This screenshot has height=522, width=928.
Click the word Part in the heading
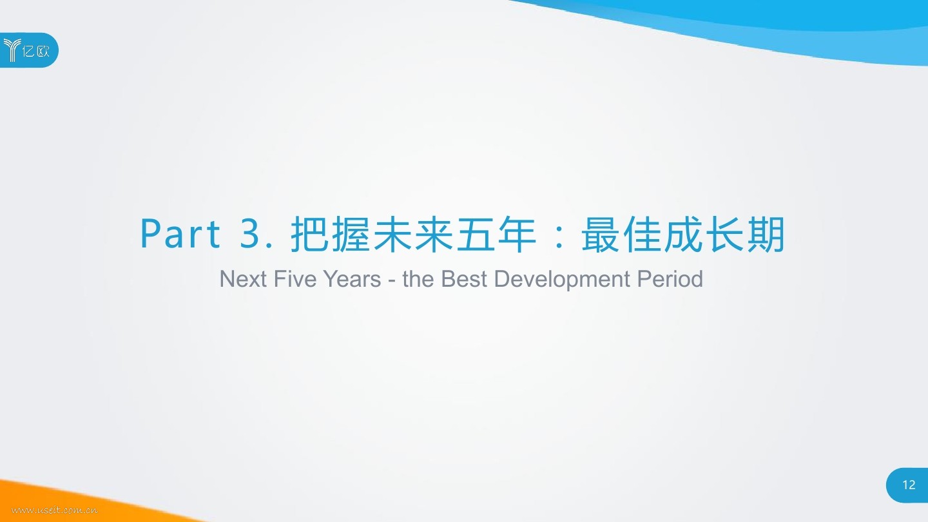pos(180,234)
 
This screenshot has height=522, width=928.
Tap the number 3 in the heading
pos(250,234)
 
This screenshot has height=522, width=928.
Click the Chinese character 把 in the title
pos(309,234)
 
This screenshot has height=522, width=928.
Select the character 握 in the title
pos(351,234)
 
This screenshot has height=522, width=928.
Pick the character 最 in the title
pos(601,234)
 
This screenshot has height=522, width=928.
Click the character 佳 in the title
pos(642,234)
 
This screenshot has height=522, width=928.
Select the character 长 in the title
pos(724,234)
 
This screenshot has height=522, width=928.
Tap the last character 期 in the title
pos(766,234)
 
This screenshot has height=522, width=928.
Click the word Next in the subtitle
pos(243,278)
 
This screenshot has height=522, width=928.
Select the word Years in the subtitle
pos(352,278)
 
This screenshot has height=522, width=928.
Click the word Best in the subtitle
pos(464,278)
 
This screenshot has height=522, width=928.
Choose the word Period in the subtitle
pos(670,278)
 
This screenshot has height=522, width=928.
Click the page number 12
pos(909,485)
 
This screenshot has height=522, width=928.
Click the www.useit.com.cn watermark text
pos(55,510)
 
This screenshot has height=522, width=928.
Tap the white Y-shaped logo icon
pos(12,50)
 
